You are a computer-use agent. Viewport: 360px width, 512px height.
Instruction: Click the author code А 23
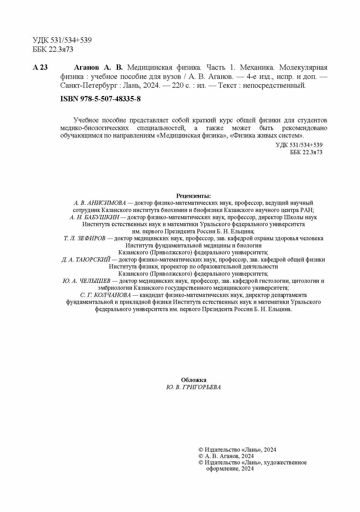tap(40, 68)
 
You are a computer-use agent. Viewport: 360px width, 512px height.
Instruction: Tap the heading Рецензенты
tap(194, 196)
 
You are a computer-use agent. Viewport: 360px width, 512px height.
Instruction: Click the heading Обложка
tap(194, 380)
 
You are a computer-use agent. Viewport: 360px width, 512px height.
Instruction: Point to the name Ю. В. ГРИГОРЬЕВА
tap(194, 387)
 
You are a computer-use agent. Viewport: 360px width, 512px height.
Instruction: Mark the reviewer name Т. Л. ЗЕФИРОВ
tap(84, 238)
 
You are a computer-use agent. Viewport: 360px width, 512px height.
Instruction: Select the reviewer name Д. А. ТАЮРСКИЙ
tap(86, 260)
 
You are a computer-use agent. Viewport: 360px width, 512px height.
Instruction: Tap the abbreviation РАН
tap(307, 210)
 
